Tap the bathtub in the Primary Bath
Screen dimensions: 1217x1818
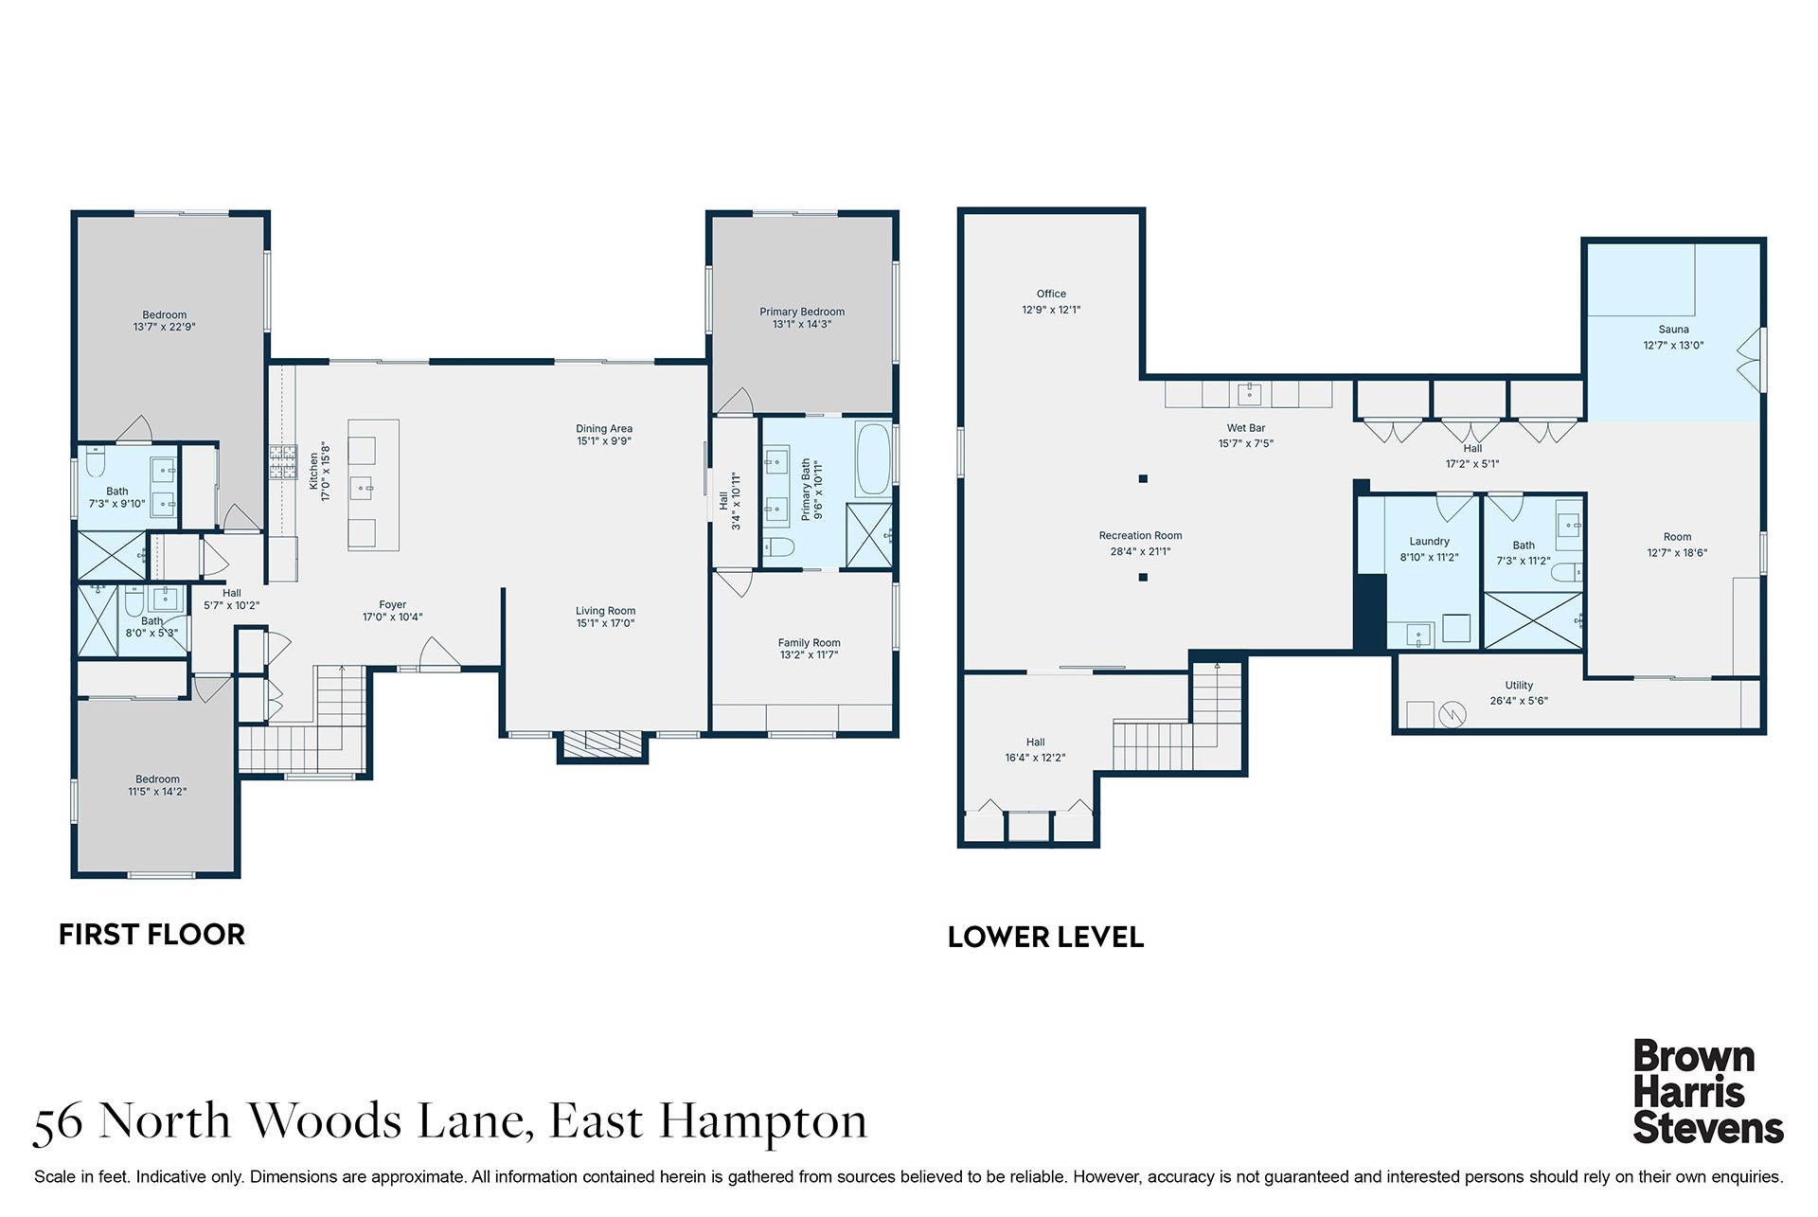point(873,459)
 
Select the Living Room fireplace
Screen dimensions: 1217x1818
point(604,743)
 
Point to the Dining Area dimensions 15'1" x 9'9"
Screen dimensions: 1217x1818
point(604,441)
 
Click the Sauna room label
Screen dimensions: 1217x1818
point(1673,330)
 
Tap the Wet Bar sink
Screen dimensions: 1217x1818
point(1250,392)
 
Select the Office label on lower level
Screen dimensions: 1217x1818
point(1051,294)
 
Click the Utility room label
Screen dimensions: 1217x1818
point(1519,686)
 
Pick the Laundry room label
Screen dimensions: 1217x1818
point(1429,542)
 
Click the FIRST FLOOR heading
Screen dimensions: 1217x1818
point(151,935)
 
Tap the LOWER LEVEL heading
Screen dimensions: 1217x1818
point(1045,938)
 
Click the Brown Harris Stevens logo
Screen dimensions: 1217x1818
point(1707,1093)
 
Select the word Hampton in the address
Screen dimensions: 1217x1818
point(763,1121)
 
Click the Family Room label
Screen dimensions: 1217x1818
point(809,643)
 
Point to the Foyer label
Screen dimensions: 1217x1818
point(392,604)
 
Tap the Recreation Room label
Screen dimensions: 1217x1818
point(1140,536)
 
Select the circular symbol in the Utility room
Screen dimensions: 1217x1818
point(1452,714)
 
